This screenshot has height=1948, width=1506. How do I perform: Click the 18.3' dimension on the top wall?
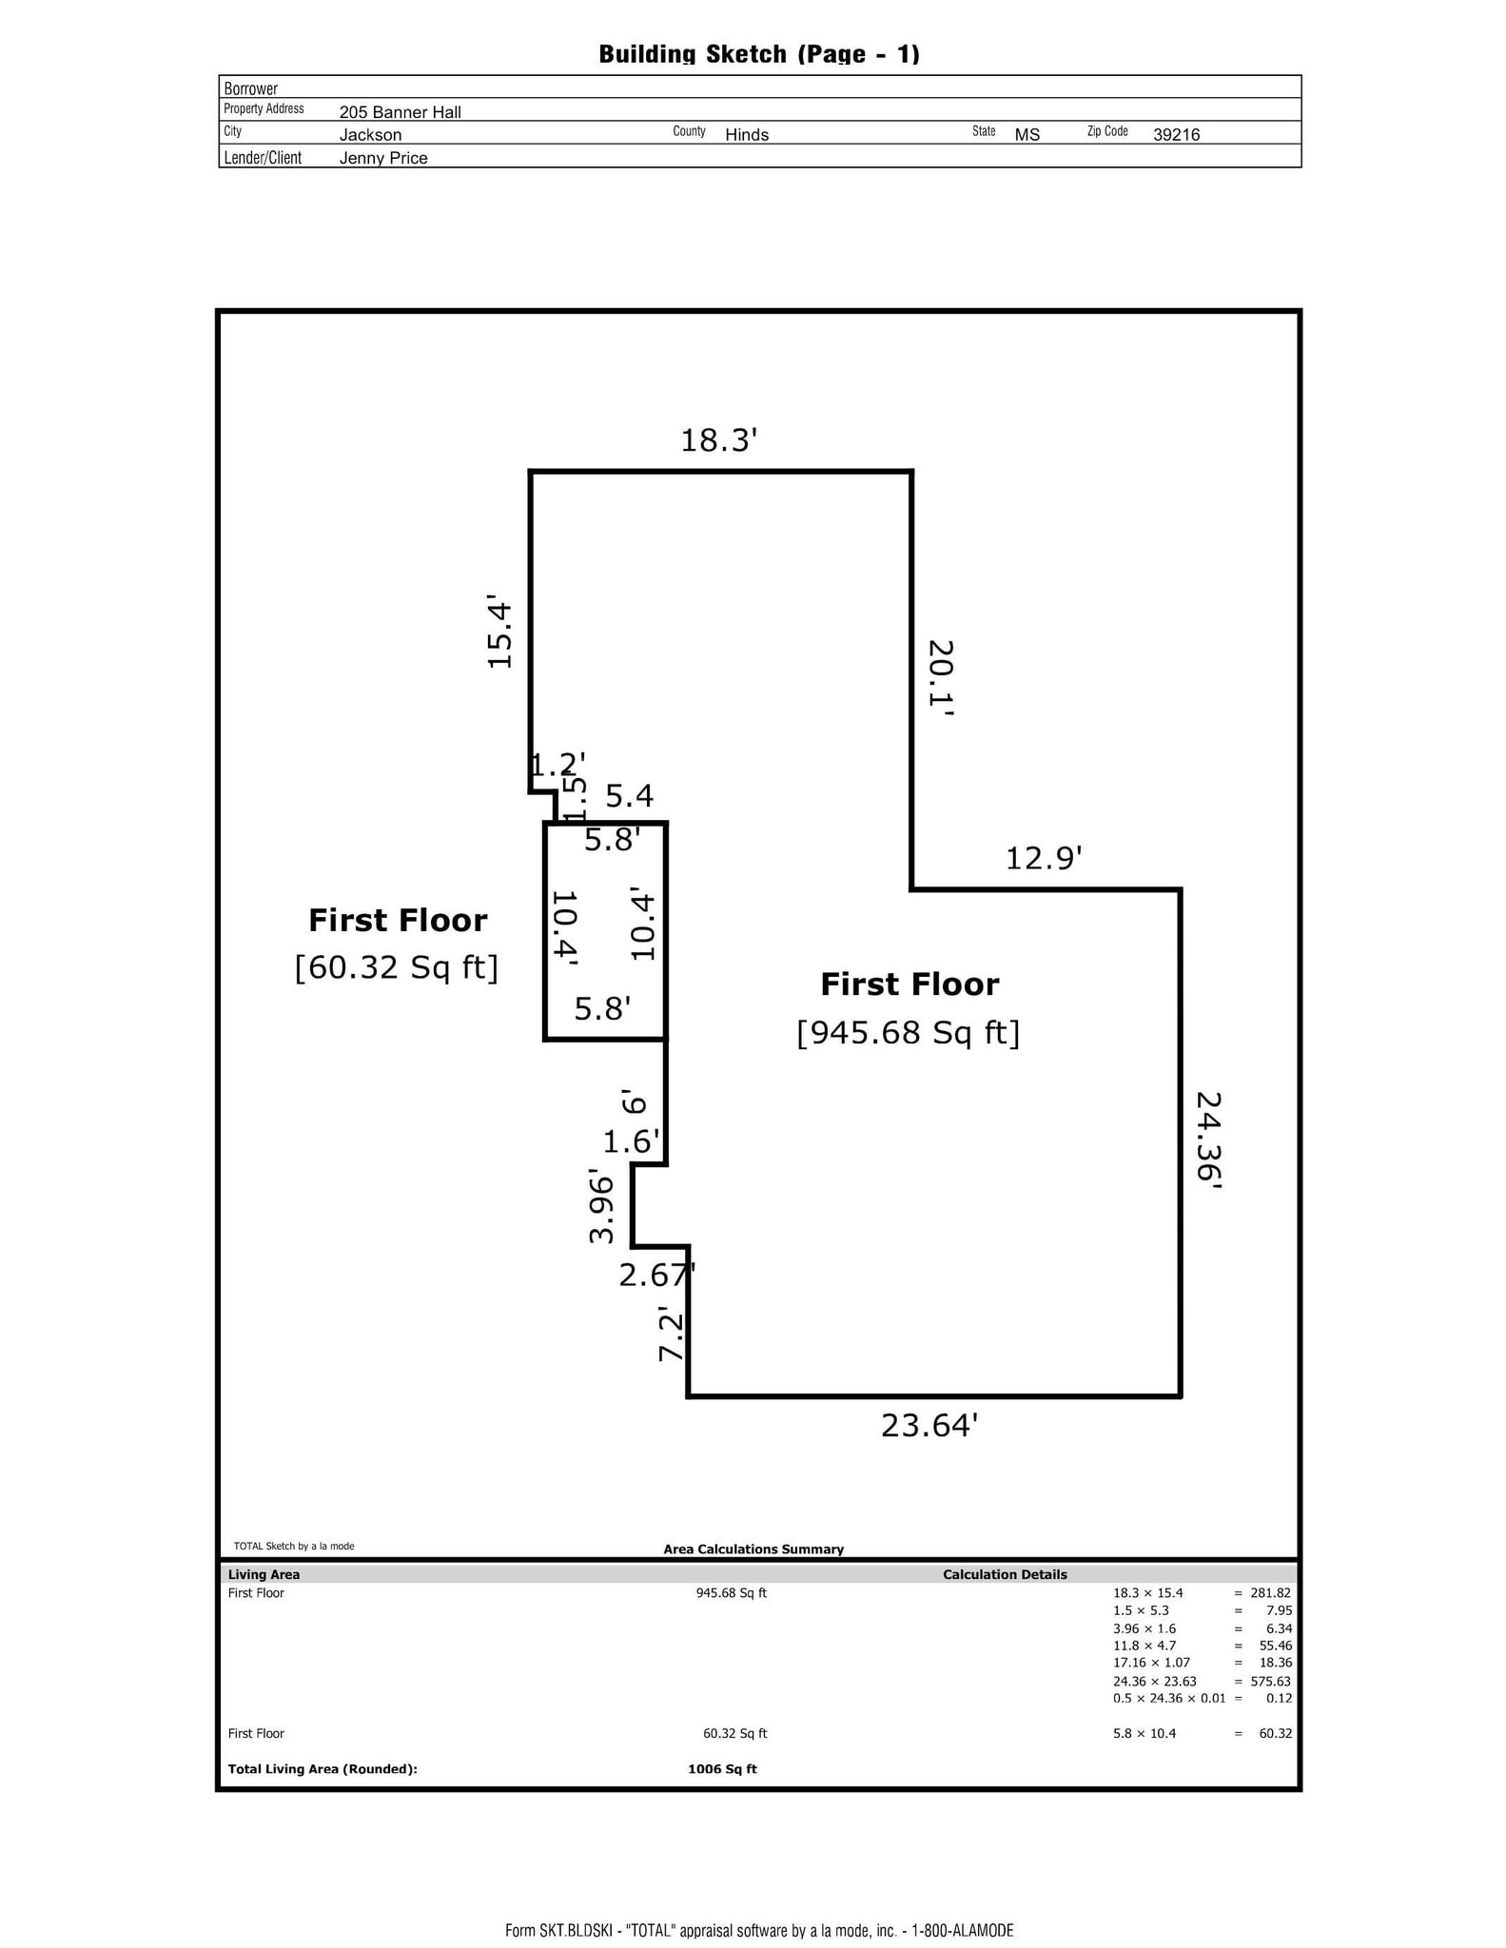[x=718, y=440]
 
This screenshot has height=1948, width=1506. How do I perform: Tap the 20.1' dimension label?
[x=941, y=677]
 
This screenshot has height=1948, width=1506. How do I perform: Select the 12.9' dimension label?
[x=1044, y=859]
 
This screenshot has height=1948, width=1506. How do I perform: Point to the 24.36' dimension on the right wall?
[x=1208, y=1140]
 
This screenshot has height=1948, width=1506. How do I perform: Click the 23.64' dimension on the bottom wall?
[x=929, y=1426]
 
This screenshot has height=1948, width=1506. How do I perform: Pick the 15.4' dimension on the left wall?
[x=499, y=633]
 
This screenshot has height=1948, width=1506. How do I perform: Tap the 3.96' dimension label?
[x=601, y=1207]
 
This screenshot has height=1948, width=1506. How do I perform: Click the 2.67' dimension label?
[x=656, y=1275]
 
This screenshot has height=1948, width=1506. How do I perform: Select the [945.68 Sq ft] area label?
[x=908, y=1032]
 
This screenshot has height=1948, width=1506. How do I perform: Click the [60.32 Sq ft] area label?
[x=397, y=967]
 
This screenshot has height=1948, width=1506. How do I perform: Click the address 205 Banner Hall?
[x=400, y=112]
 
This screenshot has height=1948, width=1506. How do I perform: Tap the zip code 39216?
[x=1176, y=135]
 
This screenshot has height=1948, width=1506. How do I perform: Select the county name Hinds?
[x=746, y=135]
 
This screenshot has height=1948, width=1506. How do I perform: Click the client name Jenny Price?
[x=383, y=158]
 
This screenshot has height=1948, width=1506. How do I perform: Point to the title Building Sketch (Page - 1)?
[x=758, y=54]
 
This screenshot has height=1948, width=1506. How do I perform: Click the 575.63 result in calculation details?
[x=1270, y=1681]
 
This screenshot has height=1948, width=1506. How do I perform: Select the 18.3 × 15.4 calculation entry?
[x=1147, y=1592]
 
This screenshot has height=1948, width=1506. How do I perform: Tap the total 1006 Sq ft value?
[x=722, y=1769]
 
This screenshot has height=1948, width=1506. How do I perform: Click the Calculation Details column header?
[x=1005, y=1574]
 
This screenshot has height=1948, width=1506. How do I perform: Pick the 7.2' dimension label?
[x=671, y=1335]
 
